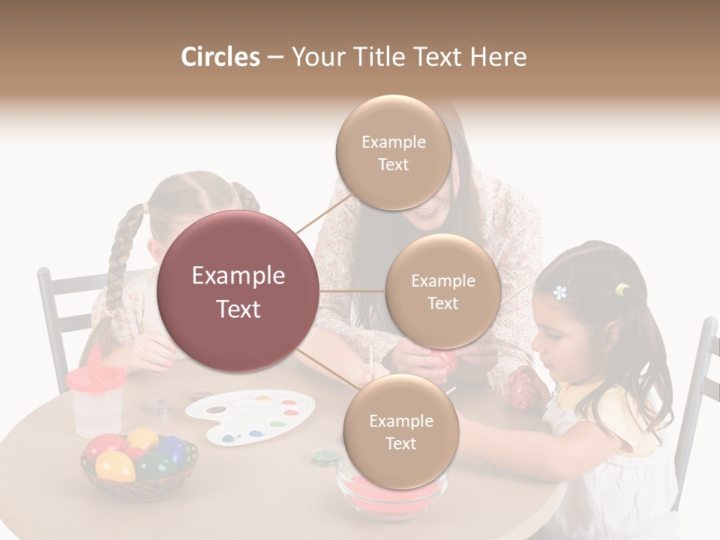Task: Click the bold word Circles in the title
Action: click(220, 57)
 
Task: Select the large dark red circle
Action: click(238, 292)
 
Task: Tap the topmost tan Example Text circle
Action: click(393, 152)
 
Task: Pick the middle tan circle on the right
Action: click(442, 291)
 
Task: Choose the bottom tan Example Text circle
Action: click(400, 431)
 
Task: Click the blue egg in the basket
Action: click(171, 449)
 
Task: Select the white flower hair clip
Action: click(559, 292)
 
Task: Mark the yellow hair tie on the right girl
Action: click(622, 289)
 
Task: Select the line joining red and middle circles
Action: click(352, 291)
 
